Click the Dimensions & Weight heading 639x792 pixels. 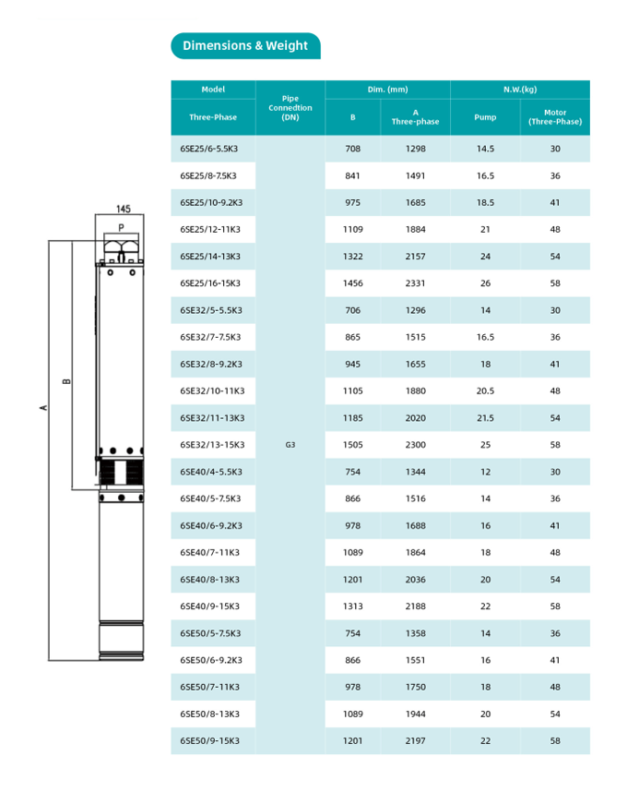245,46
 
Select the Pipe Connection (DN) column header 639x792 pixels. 290,108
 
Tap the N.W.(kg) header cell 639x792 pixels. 519,90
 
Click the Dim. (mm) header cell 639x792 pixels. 387,90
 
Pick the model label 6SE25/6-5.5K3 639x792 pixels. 208,149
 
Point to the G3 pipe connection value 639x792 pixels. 290,445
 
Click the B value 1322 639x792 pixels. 352,257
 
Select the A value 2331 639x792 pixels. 415,283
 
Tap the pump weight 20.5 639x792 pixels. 485,391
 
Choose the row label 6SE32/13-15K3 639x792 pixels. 212,445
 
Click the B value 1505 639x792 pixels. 352,445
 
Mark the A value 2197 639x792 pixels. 415,741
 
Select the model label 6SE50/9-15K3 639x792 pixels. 210,741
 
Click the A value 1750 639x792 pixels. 415,688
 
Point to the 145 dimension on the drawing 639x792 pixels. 123,210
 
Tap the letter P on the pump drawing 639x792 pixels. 121,227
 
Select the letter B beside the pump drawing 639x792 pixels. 65,381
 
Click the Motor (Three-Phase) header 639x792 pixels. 554,117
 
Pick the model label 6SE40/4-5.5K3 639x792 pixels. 211,472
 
